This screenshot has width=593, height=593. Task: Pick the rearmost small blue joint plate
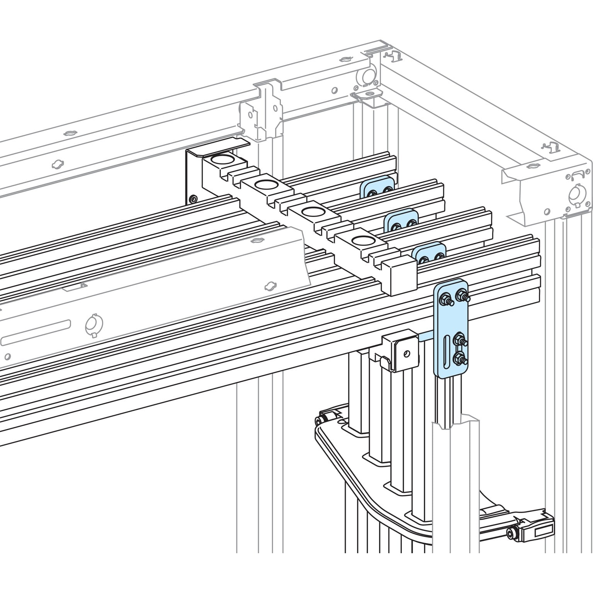(x=378, y=187)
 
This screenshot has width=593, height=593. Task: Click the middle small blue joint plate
(x=402, y=221)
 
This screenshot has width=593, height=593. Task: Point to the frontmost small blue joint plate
(x=429, y=253)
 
